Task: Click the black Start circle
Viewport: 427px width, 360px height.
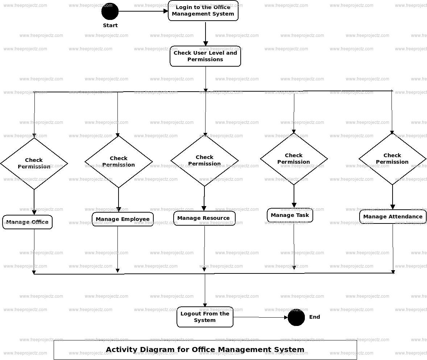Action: (110, 11)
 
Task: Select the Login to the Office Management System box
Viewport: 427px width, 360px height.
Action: (203, 11)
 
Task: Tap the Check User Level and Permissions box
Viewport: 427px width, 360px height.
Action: (205, 56)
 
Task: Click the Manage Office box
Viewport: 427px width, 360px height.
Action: (28, 222)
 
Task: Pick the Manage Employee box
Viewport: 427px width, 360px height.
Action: (123, 219)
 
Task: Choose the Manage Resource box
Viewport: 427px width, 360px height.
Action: (204, 218)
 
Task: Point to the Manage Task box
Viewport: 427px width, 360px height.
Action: (290, 215)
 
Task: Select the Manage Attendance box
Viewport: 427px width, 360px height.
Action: (393, 217)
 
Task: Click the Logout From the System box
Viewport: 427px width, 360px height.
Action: (205, 317)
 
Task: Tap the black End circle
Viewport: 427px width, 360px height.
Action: (296, 317)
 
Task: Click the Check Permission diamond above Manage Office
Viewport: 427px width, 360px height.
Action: (34, 163)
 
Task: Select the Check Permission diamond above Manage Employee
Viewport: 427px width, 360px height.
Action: (119, 162)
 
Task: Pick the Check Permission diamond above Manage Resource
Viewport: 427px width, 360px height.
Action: (204, 160)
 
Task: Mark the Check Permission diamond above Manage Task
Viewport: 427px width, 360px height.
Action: (294, 159)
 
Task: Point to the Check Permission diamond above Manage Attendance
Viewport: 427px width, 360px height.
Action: (392, 159)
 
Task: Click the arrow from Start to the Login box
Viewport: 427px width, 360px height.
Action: (143, 11)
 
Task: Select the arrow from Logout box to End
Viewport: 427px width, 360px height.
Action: (260, 318)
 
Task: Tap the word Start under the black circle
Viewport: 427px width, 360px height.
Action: (110, 25)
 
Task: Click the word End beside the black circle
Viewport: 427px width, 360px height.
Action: (315, 317)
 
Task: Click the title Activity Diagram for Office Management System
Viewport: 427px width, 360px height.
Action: (205, 350)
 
